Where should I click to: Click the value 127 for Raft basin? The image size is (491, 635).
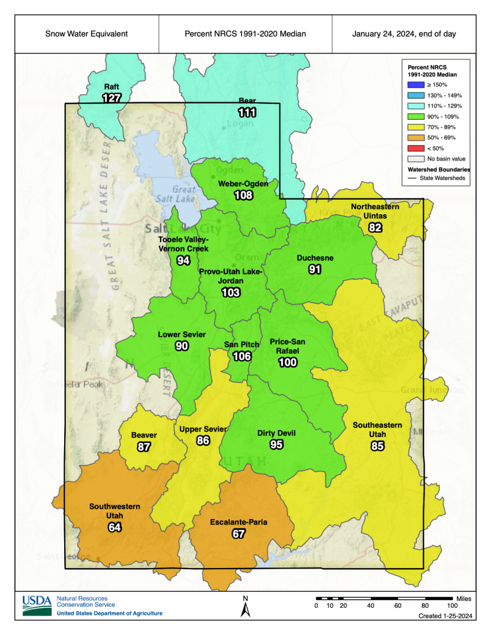click(x=112, y=98)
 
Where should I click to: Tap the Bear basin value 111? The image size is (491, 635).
click(x=247, y=112)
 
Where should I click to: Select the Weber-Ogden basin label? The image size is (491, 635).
click(x=243, y=183)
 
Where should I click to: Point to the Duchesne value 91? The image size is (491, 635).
click(x=315, y=269)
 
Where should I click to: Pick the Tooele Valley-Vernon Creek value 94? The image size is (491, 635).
click(x=184, y=260)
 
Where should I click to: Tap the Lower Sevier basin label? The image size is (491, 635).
click(x=182, y=335)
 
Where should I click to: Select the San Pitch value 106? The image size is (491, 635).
click(x=242, y=356)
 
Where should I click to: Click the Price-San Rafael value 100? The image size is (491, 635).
click(x=288, y=362)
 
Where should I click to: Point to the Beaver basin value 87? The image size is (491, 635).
click(x=144, y=447)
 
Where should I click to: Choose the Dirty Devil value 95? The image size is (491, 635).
click(x=276, y=444)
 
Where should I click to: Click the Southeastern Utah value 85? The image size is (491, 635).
click(x=377, y=446)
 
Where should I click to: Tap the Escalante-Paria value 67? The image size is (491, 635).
click(x=238, y=534)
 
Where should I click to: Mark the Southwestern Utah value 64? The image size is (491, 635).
click(x=115, y=527)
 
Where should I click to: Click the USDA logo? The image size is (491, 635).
click(x=37, y=605)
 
